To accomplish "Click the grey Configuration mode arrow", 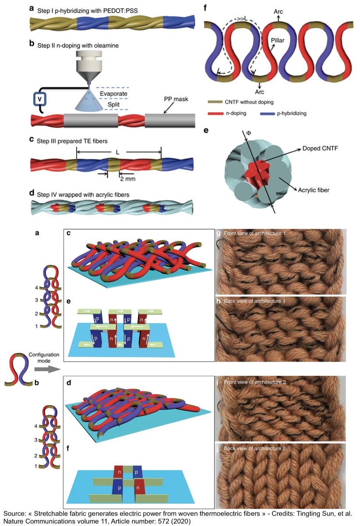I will click(x=47, y=370).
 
